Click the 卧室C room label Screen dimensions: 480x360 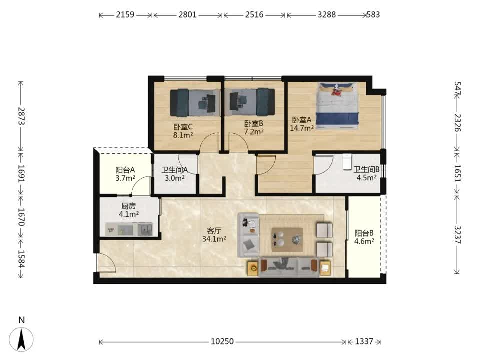click(x=183, y=126)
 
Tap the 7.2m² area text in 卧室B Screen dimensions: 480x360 click(x=254, y=132)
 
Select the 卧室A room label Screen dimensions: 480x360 click(x=302, y=120)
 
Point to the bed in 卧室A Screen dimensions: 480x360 click(x=337, y=106)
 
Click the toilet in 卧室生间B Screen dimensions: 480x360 click(x=347, y=162)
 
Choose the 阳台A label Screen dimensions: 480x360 click(x=125, y=170)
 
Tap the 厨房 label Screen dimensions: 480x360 click(x=128, y=206)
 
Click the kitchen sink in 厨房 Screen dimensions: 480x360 click(x=145, y=229)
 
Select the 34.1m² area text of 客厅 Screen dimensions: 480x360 click(x=214, y=239)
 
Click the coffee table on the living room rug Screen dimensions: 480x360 click(x=287, y=239)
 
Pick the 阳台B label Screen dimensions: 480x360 click(x=364, y=233)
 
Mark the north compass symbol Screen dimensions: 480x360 click(x=21, y=339)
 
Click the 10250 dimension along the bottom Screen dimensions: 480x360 click(x=222, y=341)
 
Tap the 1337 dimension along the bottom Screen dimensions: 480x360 click(x=364, y=341)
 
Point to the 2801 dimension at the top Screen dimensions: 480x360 click(x=187, y=14)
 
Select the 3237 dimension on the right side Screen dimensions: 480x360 click(x=457, y=235)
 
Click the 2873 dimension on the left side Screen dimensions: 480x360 click(x=21, y=116)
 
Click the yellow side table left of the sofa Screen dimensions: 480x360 click(x=254, y=268)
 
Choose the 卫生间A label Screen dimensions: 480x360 click(x=175, y=170)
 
